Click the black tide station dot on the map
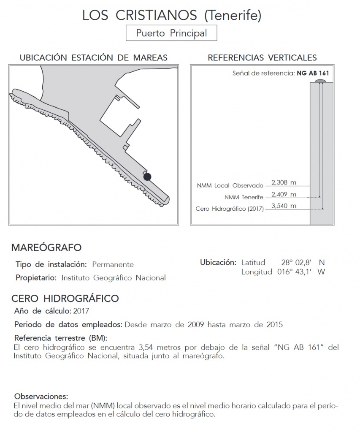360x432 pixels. click(147, 177)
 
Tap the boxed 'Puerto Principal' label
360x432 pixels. click(171, 33)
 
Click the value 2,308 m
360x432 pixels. click(284, 182)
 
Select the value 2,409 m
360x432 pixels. click(284, 194)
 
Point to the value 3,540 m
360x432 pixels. click(284, 206)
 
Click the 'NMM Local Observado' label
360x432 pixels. click(230, 185)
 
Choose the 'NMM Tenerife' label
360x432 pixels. click(244, 197)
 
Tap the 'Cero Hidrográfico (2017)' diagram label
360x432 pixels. click(230, 209)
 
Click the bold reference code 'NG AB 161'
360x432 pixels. click(313, 73)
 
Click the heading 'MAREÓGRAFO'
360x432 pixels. click(46, 247)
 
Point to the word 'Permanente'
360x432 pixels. click(113, 265)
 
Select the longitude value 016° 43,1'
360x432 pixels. click(295, 272)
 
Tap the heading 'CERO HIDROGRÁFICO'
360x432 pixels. click(65, 299)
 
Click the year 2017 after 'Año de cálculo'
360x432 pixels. click(81, 311)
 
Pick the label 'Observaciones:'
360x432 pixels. click(41, 397)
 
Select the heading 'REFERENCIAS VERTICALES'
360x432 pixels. click(262, 57)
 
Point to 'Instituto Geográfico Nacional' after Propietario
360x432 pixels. click(114, 278)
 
